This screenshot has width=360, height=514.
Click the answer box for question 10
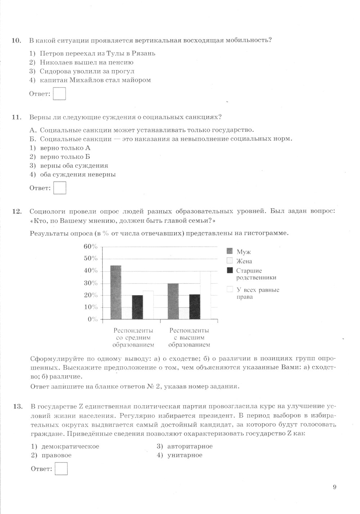pos(59,94)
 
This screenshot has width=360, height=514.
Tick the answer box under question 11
pos(60,188)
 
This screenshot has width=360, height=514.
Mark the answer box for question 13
pos(61,469)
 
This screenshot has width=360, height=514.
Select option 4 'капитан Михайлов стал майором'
pos(95,80)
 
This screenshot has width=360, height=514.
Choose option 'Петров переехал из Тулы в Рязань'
pos(97,54)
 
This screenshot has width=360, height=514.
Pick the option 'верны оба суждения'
pos(74,166)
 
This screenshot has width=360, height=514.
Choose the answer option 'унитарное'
pos(185,455)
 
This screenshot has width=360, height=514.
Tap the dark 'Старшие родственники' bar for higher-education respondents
pos(195,307)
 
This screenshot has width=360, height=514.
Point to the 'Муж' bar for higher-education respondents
pos(173,301)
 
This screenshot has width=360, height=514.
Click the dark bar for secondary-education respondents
pos(137,307)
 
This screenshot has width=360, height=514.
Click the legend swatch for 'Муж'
pos(230,251)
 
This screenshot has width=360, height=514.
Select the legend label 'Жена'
pos(244,261)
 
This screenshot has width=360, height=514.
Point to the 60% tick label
pos(90,247)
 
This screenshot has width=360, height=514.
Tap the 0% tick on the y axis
pos(93,319)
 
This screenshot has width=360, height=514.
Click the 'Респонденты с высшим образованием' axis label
pos(189,338)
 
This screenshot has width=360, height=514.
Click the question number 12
pos(17,211)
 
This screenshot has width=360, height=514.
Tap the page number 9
pos(335,487)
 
